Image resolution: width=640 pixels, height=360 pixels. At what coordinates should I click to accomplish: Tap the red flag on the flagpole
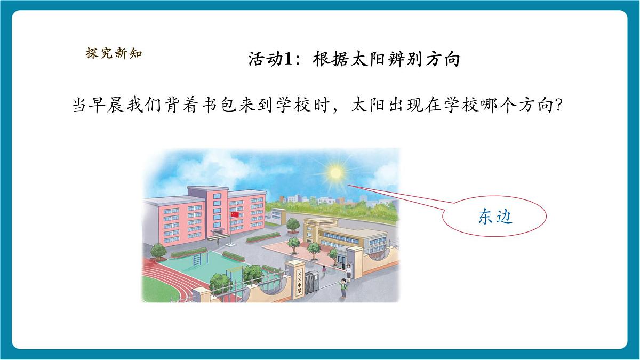[x=234, y=214]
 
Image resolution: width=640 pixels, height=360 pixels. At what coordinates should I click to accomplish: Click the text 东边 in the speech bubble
[x=495, y=217]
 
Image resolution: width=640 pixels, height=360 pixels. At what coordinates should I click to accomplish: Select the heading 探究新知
[x=114, y=53]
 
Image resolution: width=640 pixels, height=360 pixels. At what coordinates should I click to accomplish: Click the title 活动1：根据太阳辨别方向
[x=354, y=59]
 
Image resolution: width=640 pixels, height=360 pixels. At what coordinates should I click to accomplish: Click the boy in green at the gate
[x=344, y=289]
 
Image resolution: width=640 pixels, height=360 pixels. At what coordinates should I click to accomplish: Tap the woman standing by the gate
[x=349, y=271]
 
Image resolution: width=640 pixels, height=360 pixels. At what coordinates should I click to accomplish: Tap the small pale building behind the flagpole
[x=276, y=216]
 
